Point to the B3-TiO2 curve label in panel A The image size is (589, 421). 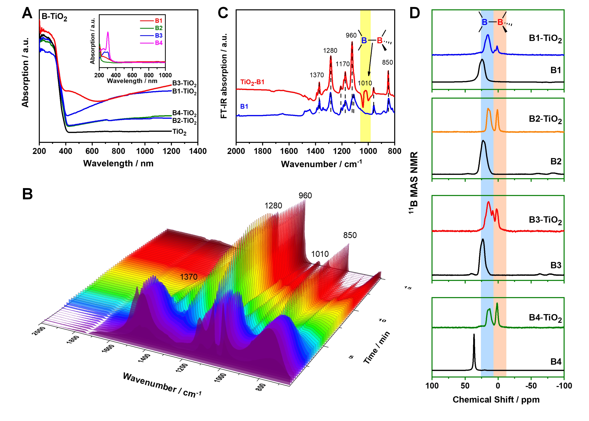tap(184, 84)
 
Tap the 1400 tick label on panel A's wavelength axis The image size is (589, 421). tap(198, 151)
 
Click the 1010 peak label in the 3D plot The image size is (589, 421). tap(320, 254)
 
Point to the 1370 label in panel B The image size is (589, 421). tap(189, 277)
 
